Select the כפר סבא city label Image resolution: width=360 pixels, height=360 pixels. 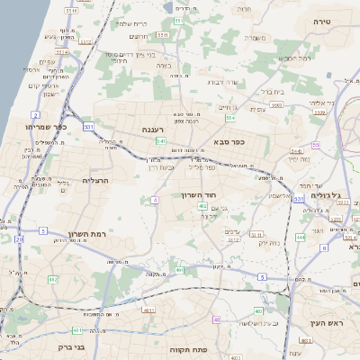(x=230, y=141)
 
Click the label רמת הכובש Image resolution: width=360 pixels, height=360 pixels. (x=294, y=58)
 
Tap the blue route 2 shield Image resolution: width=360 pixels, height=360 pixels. (x=35, y=115)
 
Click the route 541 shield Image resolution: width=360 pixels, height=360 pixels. (x=160, y=141)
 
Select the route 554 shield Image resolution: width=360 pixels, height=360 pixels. (x=230, y=118)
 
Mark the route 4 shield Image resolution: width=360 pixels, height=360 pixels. (x=155, y=199)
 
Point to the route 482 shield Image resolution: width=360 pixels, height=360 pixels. (x=52, y=279)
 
